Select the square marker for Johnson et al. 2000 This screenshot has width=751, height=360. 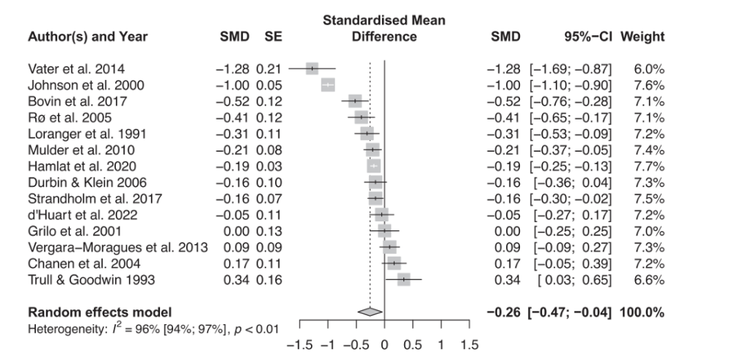328,85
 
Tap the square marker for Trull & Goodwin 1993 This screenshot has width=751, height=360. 403,279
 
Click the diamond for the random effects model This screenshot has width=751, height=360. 370,312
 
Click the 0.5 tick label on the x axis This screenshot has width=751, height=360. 412,345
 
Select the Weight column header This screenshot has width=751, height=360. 642,37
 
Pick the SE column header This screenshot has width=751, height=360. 273,37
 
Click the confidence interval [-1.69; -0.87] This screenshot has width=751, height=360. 570,69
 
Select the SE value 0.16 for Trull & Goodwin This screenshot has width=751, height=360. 268,279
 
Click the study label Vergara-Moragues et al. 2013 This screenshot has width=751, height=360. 117,247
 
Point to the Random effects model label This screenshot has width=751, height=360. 99,312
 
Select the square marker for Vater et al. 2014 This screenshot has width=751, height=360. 312,69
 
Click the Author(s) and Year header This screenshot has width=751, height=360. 87,37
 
